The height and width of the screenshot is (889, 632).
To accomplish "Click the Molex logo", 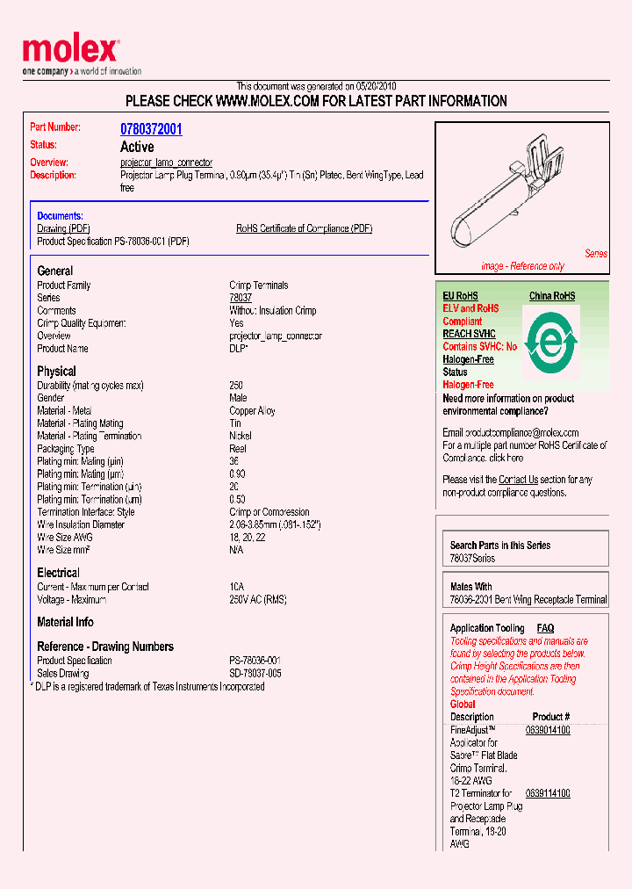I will pos(70,51).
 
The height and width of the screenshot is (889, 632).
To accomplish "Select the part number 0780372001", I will pos(151,129).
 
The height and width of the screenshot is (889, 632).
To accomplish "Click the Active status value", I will pos(137,147).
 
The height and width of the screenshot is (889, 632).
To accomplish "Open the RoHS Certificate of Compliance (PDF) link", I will pos(304,228).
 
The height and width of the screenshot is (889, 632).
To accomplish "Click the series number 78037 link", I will pos(241,298).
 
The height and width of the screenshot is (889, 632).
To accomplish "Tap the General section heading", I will pos(55,271).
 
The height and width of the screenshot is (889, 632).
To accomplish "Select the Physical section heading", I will pos(56,371).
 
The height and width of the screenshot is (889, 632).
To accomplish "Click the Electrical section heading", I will pos(58,573).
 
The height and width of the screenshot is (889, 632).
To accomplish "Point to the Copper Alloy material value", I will pos(252,411).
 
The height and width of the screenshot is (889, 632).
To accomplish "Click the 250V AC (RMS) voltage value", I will pos(258,600).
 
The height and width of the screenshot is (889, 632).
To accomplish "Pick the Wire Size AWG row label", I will pos(65,537).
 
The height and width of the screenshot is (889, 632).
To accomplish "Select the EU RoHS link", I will pos(460,296).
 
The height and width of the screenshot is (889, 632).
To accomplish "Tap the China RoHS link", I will pos(551,296).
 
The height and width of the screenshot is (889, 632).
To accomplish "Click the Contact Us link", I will pos(518,480).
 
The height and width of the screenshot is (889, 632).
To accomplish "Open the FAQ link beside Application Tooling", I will pos(545,628).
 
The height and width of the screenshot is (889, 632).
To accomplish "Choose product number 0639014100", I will pos(548,730).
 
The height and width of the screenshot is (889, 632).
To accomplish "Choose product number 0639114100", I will pos(548,793).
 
